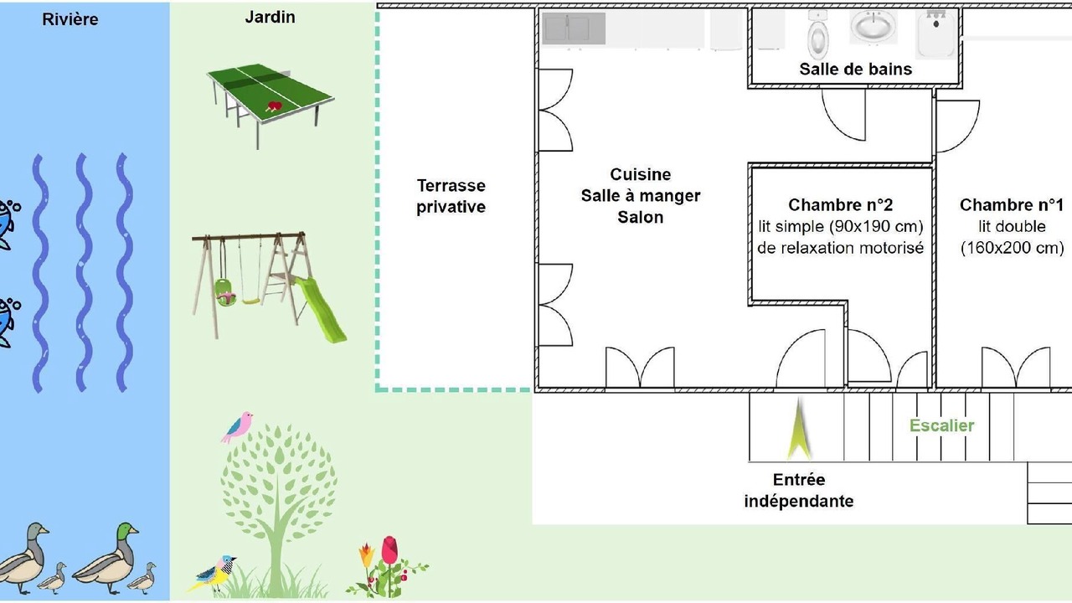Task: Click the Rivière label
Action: pos(70,19)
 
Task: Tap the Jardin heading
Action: pos(270,18)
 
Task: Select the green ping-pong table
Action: pos(271,103)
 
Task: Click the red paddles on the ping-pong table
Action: pos(273,106)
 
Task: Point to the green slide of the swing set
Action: pos(321,309)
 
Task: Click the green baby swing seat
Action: pos(225,293)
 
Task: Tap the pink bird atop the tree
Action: pos(238,426)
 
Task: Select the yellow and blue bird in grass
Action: pos(213,574)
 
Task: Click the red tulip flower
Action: pos(389,550)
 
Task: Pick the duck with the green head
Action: pos(107,558)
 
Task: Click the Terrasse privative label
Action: pos(451,196)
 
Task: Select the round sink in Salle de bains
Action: pos(874,27)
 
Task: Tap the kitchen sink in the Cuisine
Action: pos(574,28)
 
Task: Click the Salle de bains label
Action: pos(856,70)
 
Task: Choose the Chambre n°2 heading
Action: pos(840,205)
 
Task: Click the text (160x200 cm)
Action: pos(1013,248)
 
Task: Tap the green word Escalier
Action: pos(942,425)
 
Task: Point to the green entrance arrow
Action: pos(799,430)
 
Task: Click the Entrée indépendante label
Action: pos(799,491)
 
